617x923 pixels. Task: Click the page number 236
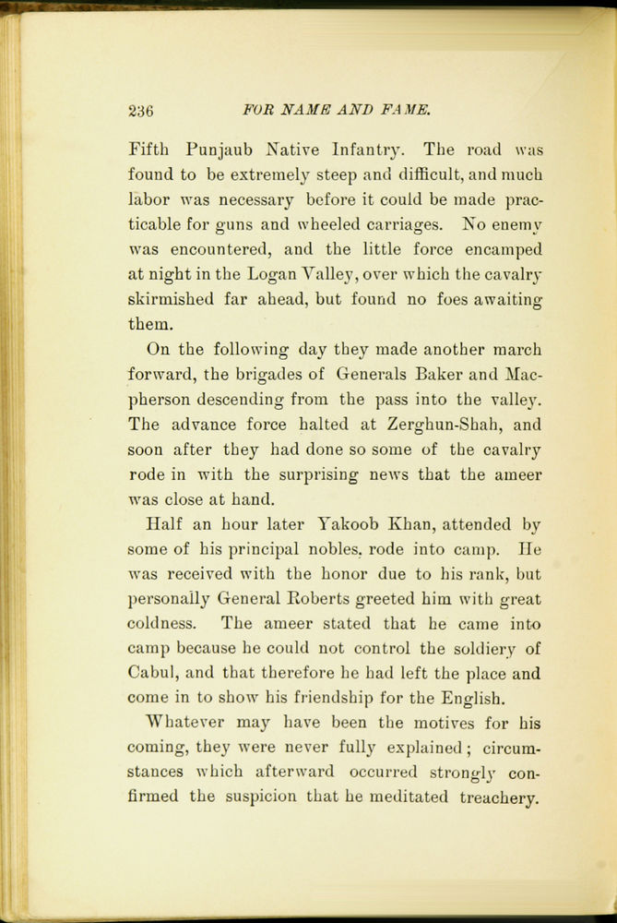pos(141,112)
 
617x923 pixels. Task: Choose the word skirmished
pos(173,299)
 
